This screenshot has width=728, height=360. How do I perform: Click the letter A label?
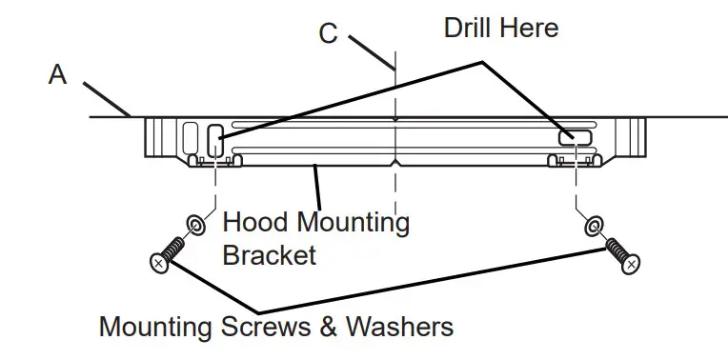click(x=58, y=74)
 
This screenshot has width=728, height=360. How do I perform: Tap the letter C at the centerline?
click(x=328, y=33)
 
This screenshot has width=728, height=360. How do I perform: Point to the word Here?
click(x=531, y=27)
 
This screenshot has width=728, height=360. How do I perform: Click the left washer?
click(x=194, y=225)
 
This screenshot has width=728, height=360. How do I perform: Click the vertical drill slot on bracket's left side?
click(x=214, y=140)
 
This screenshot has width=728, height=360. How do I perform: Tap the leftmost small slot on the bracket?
click(x=190, y=138)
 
